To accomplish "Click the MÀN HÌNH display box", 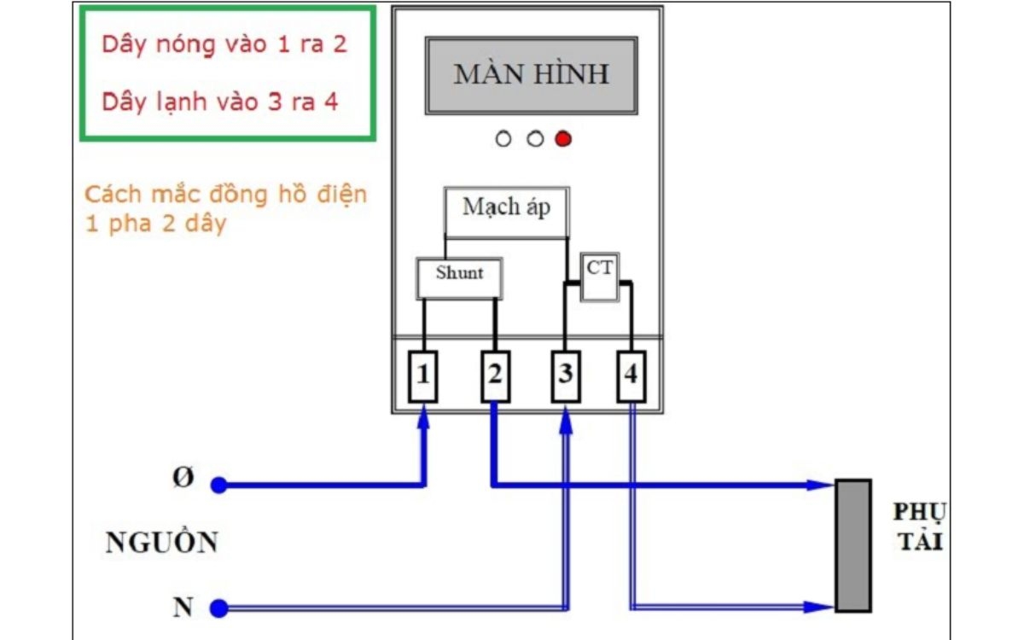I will tap(531, 75).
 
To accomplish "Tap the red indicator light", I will tap(562, 139).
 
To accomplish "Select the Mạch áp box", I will tap(506, 210).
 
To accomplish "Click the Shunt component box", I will tap(459, 277).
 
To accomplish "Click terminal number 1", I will tap(423, 375).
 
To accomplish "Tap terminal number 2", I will tap(494, 375).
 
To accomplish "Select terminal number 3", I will tap(563, 375).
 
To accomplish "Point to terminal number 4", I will tap(631, 375).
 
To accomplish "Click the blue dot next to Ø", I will tap(219, 486).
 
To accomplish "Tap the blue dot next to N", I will tap(219, 608).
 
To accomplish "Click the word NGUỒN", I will tap(161, 543).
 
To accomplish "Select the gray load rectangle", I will tap(852, 545).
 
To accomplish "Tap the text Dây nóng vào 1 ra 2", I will tap(224, 44).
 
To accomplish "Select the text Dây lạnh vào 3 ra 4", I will tap(220, 102).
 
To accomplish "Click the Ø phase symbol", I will tap(182, 479).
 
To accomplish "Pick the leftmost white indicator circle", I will tap(503, 139).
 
